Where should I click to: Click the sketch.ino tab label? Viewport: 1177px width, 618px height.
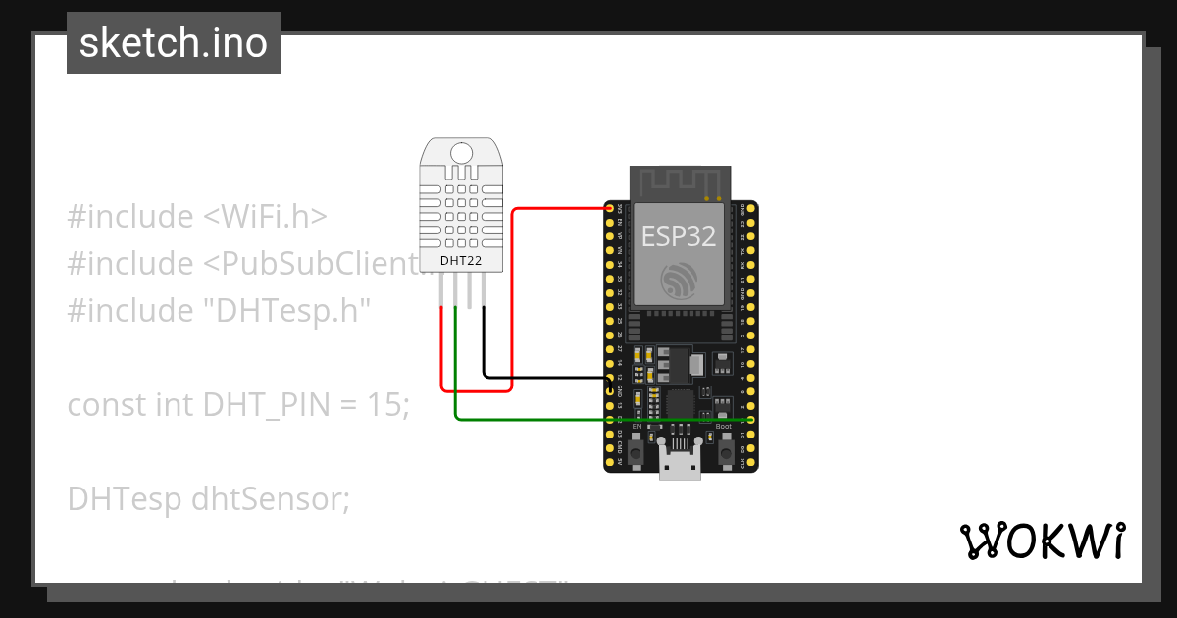click(x=174, y=43)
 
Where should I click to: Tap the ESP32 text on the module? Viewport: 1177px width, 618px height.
click(x=679, y=235)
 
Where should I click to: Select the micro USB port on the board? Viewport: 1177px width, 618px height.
click(x=681, y=465)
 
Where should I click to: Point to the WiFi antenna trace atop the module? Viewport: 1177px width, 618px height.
click(x=681, y=182)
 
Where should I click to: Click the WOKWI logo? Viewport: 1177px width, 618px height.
click(x=1043, y=541)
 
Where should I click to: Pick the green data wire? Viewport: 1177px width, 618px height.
click(x=588, y=420)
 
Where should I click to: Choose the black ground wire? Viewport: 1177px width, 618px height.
click(x=549, y=377)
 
